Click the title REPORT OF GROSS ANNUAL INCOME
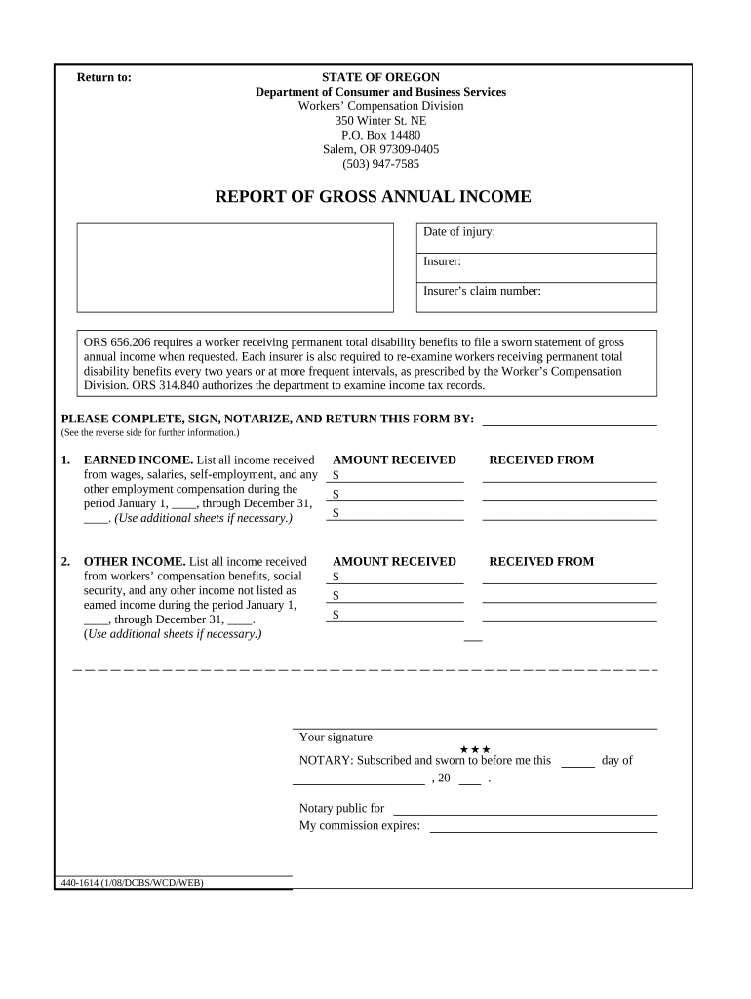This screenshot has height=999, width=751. point(373,197)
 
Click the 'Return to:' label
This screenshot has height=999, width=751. point(103,78)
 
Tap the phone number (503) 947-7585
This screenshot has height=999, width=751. point(380,164)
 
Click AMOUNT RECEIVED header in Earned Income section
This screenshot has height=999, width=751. point(394,460)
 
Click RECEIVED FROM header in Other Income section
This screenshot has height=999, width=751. point(540,562)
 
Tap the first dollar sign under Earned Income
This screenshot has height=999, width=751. point(336,476)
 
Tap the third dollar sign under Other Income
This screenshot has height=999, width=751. point(336,615)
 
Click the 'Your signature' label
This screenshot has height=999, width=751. point(336,738)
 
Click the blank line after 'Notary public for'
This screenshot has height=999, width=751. point(525,810)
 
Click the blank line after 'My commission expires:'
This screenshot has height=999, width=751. point(543,827)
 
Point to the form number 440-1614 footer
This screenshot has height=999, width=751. point(132,883)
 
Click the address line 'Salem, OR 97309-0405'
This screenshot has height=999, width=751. point(380,149)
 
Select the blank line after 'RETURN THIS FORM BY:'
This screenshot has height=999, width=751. point(570,421)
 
